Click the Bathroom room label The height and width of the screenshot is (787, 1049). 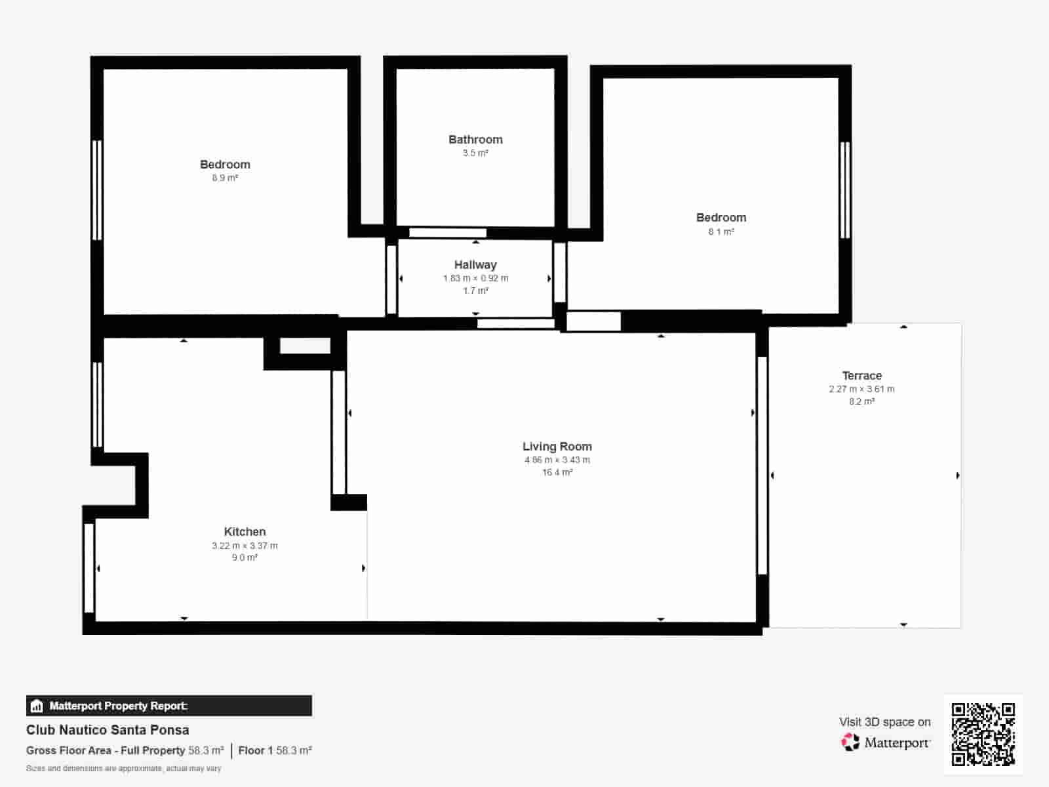tap(475, 140)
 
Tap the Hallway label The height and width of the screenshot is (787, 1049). tap(475, 265)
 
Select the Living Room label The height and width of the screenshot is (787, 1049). tap(557, 447)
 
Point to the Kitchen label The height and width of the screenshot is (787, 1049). tap(245, 531)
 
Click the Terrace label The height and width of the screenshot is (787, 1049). tap(861, 376)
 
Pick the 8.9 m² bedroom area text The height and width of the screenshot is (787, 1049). tap(225, 178)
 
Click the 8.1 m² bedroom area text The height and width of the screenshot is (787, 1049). tap(721, 232)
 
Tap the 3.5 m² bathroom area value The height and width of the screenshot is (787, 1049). tap(475, 153)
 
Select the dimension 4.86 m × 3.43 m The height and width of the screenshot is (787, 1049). tap(557, 460)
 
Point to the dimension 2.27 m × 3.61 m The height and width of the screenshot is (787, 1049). tap(861, 389)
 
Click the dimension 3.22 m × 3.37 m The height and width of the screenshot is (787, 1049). tap(245, 545)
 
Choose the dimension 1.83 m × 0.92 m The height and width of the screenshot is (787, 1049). tap(475, 278)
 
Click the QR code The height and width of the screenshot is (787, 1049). tap(983, 735)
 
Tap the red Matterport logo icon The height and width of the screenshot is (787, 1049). tap(850, 742)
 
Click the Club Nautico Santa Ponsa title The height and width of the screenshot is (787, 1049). tap(108, 730)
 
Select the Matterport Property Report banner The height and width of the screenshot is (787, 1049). tap(168, 705)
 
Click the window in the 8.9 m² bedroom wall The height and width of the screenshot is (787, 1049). tap(97, 190)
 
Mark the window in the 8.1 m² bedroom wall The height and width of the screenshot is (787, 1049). tap(845, 190)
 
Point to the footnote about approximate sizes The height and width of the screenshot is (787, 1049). tap(123, 769)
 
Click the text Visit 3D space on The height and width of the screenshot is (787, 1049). tap(884, 722)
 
